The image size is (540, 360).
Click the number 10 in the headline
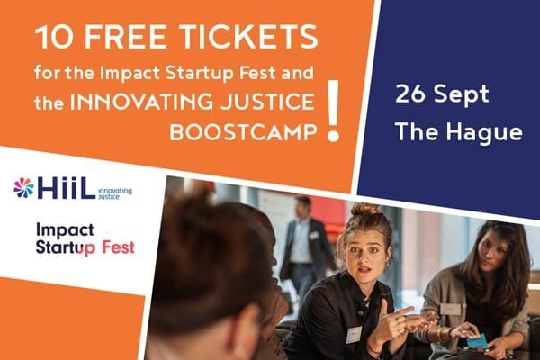coord(55,38)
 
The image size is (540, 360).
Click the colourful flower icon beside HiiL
coord(24,187)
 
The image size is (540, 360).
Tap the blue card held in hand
coord(475,341)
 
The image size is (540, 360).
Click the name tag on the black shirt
coord(355,334)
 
